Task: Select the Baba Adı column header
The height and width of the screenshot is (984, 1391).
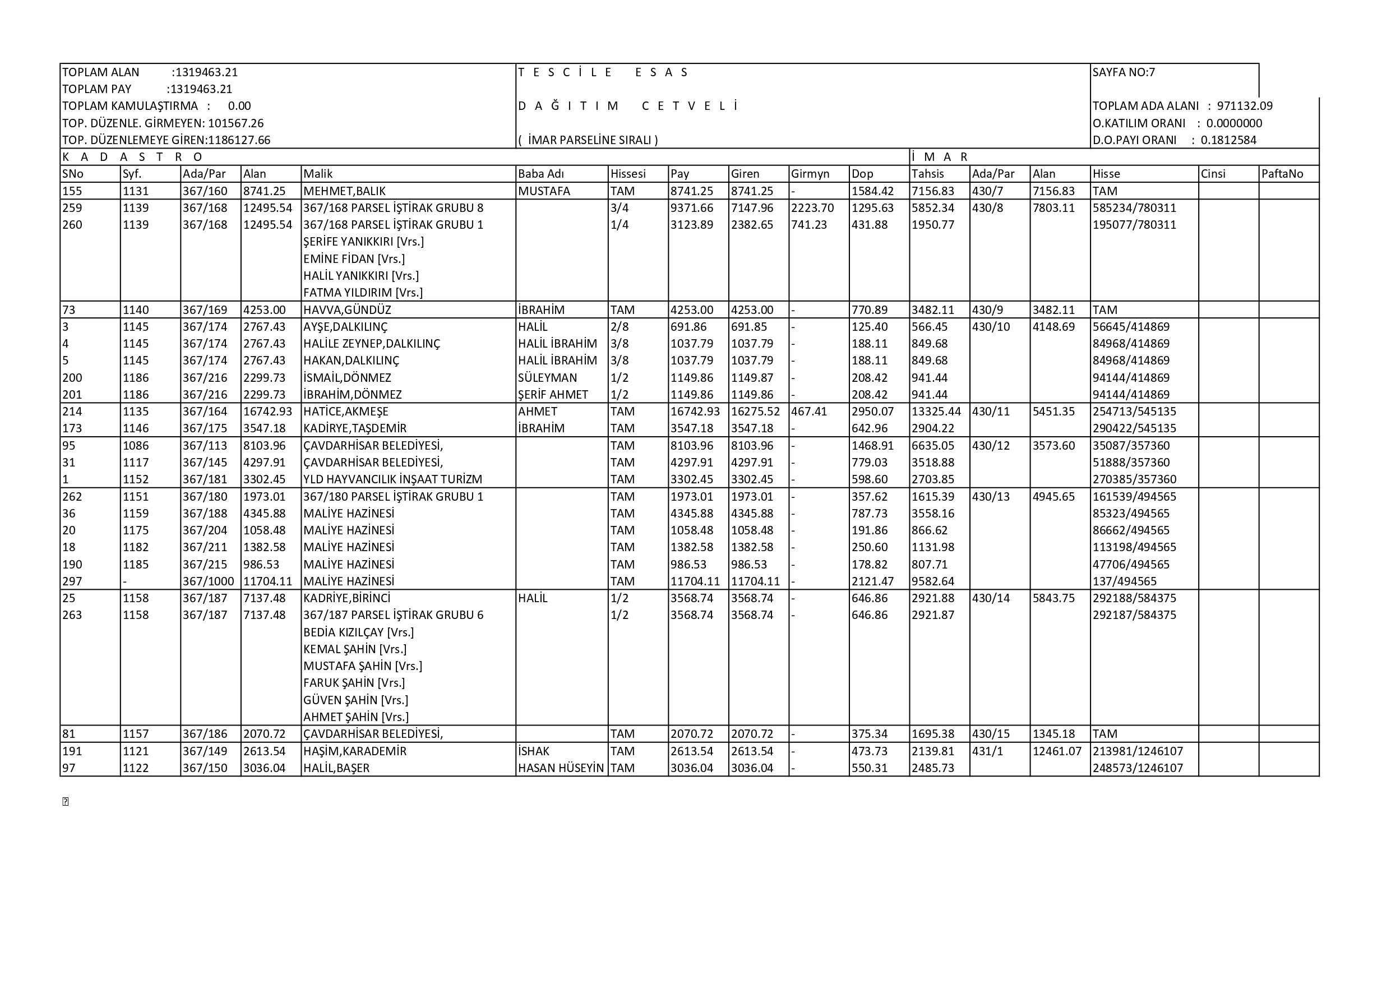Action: [x=540, y=174]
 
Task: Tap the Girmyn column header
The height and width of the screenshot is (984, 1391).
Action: [x=810, y=174]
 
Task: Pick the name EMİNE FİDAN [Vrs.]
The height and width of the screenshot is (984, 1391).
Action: [x=354, y=258]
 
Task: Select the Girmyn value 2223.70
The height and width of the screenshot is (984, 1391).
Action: [x=812, y=208]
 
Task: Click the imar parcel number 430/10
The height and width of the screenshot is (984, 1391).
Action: [x=991, y=326]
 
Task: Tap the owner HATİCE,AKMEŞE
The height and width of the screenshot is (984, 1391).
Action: [x=345, y=412]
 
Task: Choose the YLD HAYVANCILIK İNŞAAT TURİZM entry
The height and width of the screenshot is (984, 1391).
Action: [x=392, y=479]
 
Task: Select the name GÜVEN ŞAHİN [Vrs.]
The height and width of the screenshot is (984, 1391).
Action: [x=355, y=700]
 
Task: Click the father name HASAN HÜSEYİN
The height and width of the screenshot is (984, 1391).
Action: [x=561, y=768]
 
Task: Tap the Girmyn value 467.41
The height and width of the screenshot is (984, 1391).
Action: [x=809, y=412]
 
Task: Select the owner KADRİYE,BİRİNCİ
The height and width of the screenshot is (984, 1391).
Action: [x=346, y=598]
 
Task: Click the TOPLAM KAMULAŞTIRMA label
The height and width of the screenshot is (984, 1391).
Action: [x=130, y=106]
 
